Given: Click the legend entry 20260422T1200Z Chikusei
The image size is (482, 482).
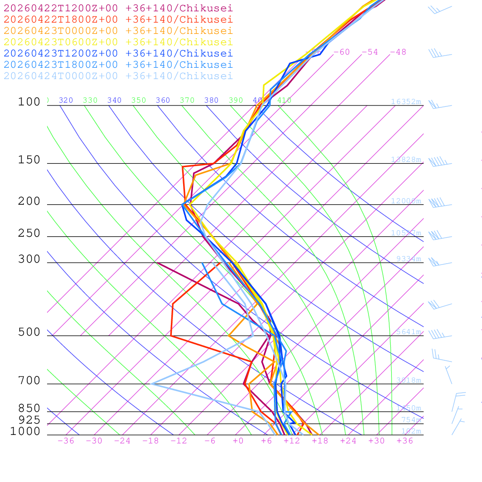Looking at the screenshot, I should tap(118, 8).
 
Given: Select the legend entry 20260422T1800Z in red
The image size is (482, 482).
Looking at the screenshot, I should tap(118, 19).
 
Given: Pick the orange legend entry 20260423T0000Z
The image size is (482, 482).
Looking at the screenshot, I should tap(118, 31).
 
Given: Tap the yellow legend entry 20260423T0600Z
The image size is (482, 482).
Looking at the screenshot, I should tap(118, 42).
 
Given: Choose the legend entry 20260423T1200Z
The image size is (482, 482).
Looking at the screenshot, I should tap(118, 53).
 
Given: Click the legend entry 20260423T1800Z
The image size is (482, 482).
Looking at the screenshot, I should tap(118, 64).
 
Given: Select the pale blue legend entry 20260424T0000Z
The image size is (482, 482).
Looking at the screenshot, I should tap(118, 76).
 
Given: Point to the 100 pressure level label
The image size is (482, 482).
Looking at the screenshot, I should tap(29, 102).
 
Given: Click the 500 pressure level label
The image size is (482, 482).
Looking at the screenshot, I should tap(29, 332).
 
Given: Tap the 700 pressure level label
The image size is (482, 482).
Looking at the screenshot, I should tap(29, 380).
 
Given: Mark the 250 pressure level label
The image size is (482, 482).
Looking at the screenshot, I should tap(29, 233).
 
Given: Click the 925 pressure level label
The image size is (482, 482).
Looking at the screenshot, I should tap(29, 419).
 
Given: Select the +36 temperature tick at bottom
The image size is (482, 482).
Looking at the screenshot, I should tap(404, 441).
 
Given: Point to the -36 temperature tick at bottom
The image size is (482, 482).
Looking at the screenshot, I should tap(65, 441).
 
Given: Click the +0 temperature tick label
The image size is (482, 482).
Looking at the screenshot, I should tap(238, 441).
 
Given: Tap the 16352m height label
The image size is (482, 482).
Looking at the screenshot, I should tap(406, 102).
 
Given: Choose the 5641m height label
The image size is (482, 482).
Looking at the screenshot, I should tap(408, 332).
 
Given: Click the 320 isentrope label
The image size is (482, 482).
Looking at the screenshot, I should tap(65, 100).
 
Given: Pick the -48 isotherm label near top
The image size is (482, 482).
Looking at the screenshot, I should tap(398, 52).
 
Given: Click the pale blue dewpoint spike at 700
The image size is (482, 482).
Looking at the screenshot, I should tap(152, 384).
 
